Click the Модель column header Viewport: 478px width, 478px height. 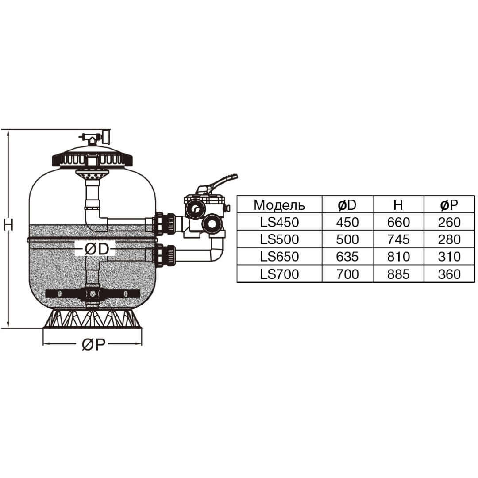pyautogui.click(x=279, y=205)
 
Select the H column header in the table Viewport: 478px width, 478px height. pyautogui.click(x=398, y=205)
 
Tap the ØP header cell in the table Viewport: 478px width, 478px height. pyautogui.click(x=449, y=205)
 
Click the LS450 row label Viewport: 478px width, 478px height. pyautogui.click(x=279, y=222)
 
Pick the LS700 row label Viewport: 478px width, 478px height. pyautogui.click(x=279, y=274)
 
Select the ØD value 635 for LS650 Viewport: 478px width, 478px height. pyautogui.click(x=347, y=257)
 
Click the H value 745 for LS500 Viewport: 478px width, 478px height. pyautogui.click(x=398, y=239)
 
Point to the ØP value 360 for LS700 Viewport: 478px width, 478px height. pyautogui.click(x=449, y=274)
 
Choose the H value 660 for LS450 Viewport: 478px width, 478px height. pyautogui.click(x=398, y=222)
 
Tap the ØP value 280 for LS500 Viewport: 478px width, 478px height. pyautogui.click(x=449, y=239)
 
